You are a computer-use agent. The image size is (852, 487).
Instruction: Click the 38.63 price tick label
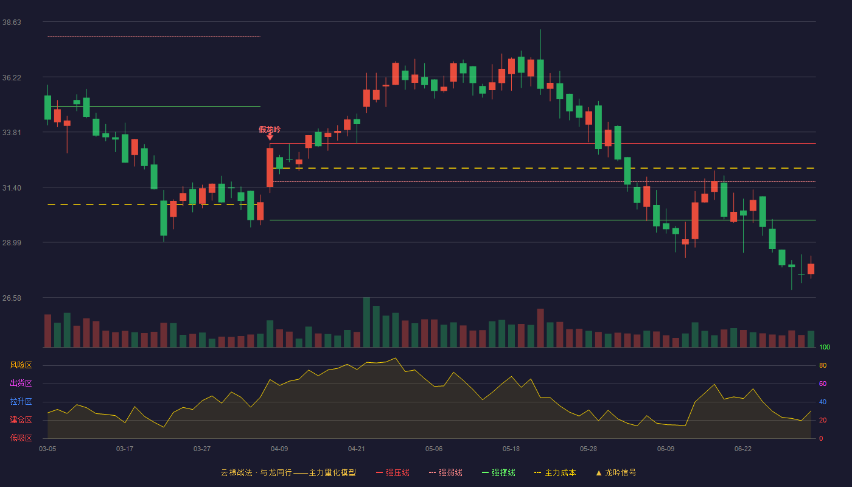(x=12, y=22)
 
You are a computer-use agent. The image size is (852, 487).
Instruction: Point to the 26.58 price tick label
(x=12, y=298)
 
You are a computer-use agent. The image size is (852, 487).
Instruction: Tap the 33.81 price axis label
(x=12, y=133)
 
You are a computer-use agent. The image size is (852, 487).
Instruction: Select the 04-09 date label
(x=279, y=449)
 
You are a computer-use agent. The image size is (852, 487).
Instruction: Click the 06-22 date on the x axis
(x=743, y=449)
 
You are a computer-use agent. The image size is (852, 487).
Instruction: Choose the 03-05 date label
(x=47, y=449)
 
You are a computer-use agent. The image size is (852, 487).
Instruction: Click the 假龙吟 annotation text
(x=270, y=129)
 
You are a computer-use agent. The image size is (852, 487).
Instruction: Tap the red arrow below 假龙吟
(x=270, y=137)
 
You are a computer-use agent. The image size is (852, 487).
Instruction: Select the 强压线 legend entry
(x=393, y=472)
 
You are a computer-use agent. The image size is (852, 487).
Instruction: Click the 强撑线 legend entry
(x=498, y=472)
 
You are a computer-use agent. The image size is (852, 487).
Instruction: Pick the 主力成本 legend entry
(x=555, y=472)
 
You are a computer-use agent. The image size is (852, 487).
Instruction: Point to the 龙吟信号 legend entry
(x=616, y=472)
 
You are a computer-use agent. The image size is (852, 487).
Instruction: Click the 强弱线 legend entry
(x=445, y=472)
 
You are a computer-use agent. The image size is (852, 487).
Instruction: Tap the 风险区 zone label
(x=21, y=365)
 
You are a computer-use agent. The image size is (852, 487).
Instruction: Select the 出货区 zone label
(x=21, y=383)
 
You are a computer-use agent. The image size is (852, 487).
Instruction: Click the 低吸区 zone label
(x=21, y=438)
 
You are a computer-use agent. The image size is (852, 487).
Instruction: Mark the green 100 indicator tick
(x=825, y=347)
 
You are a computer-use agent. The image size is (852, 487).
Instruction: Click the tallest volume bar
(x=366, y=322)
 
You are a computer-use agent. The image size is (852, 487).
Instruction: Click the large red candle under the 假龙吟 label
(x=270, y=167)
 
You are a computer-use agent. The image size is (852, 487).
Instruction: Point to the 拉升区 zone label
(x=21, y=401)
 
